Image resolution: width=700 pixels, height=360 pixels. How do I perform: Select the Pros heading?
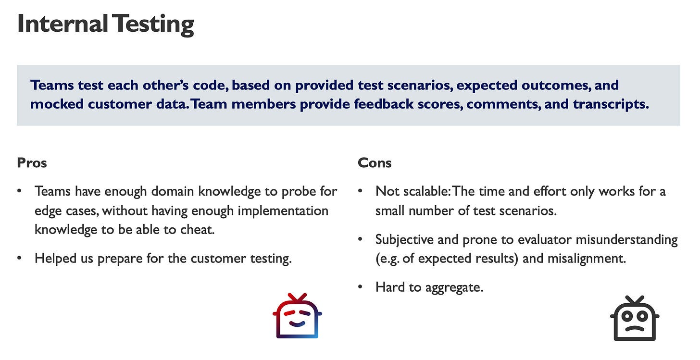(x=32, y=163)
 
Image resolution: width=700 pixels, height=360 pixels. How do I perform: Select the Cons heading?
(x=375, y=163)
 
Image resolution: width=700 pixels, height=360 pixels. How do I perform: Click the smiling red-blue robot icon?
(x=297, y=316)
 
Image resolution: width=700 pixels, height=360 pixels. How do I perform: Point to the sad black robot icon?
(x=635, y=318)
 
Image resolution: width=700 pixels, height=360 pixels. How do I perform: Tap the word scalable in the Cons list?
(x=423, y=191)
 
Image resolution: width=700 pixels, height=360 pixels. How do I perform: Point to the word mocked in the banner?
(x=57, y=104)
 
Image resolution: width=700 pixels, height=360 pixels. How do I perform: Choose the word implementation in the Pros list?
(x=283, y=211)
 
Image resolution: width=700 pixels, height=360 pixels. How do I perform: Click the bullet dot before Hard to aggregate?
(x=360, y=286)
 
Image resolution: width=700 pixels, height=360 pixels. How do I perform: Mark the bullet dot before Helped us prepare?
(x=19, y=258)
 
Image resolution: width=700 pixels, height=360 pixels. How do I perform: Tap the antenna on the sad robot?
(x=635, y=300)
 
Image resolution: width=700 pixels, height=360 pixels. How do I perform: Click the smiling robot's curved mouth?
(x=297, y=324)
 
